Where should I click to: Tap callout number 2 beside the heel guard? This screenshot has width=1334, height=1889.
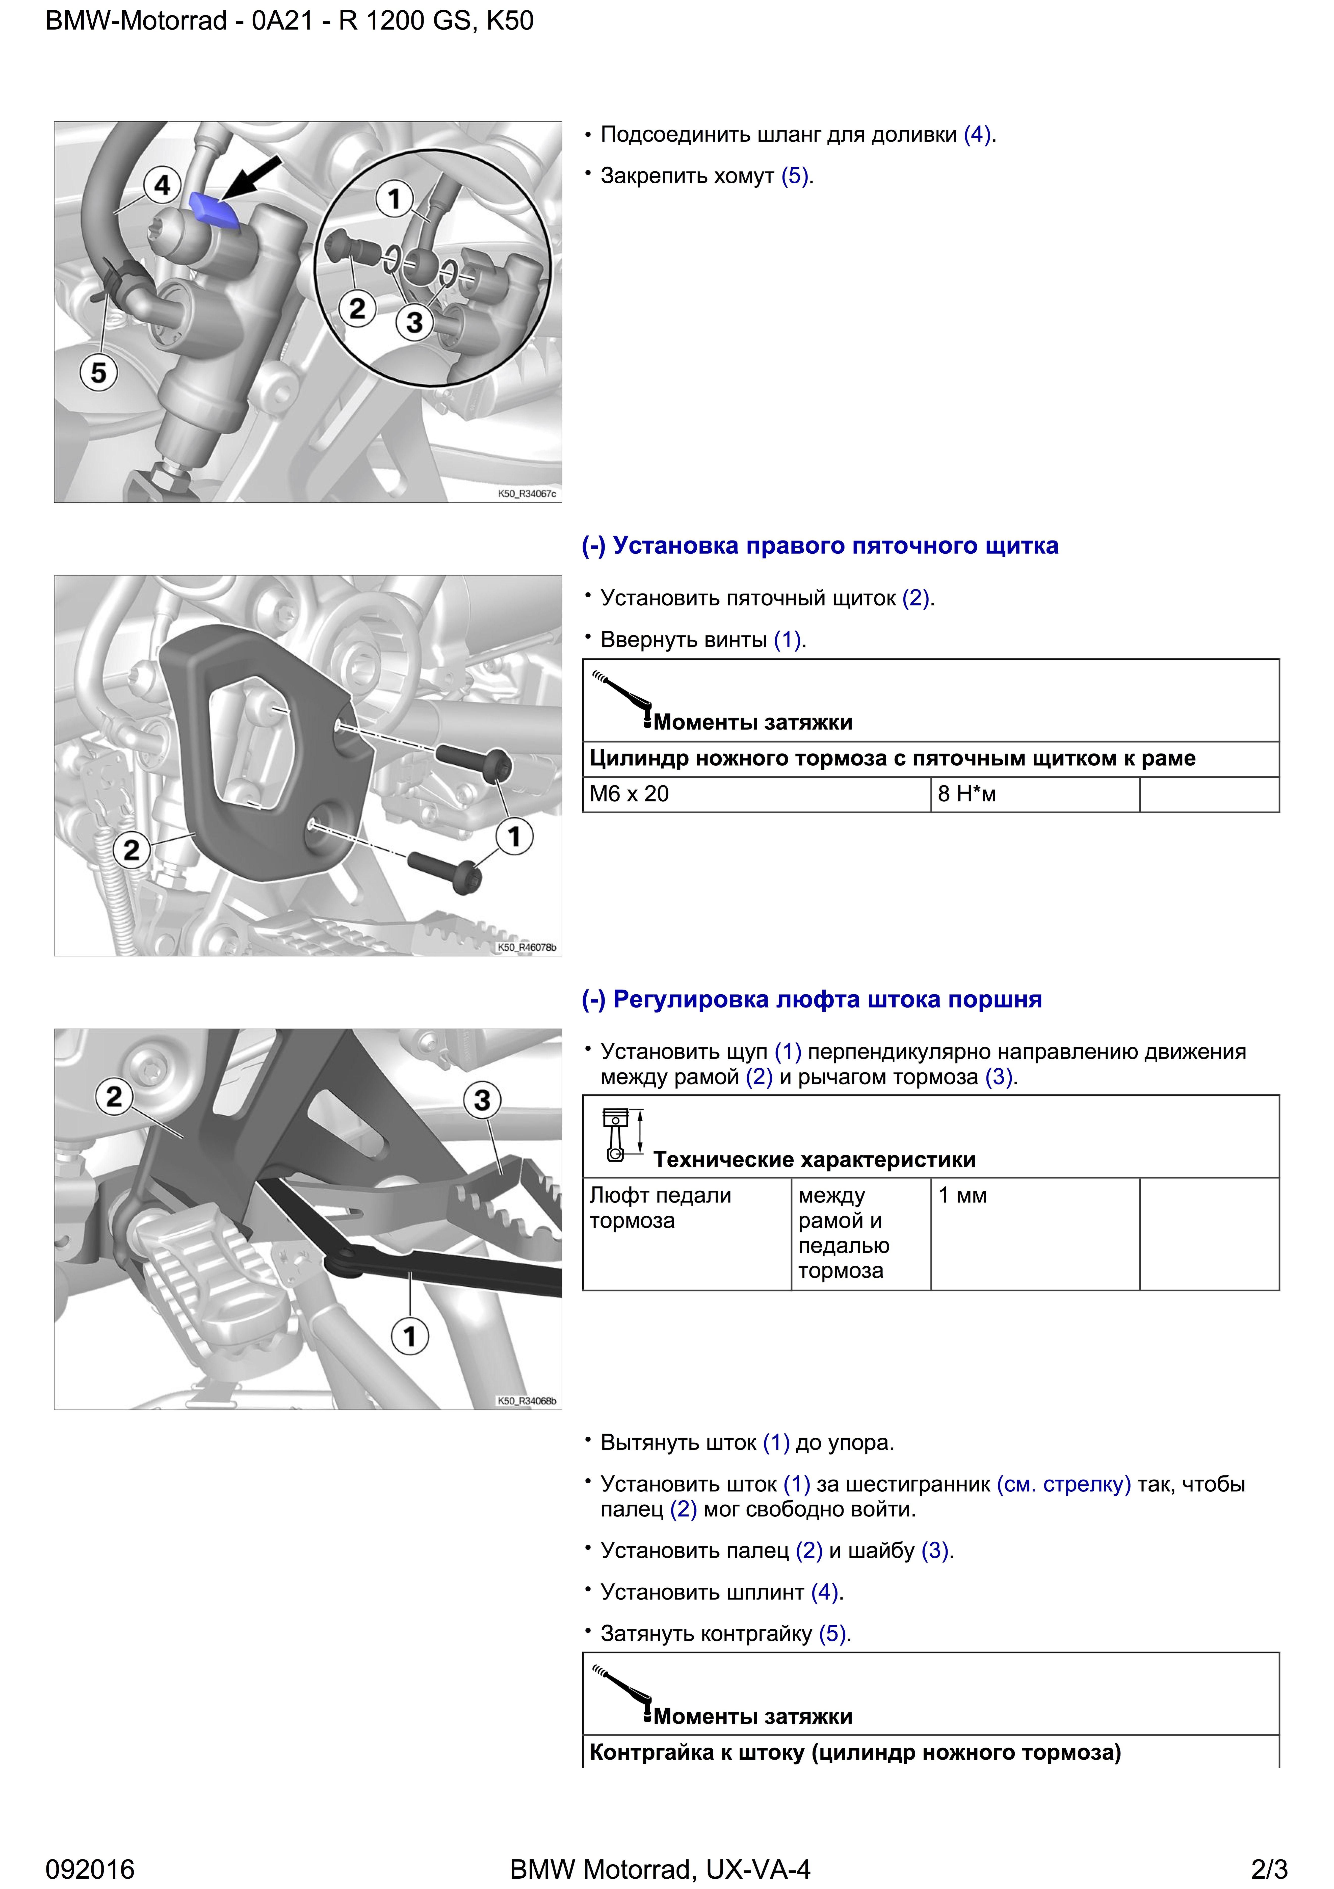coord(132,850)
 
